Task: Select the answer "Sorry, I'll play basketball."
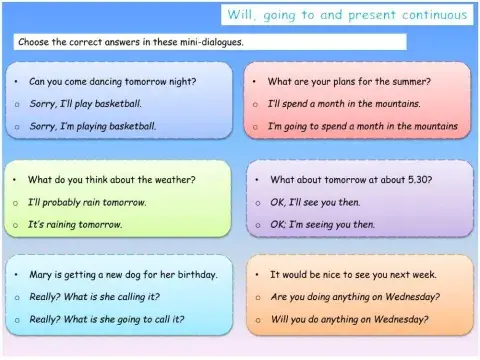(85, 103)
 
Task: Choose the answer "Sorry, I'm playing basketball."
(92, 126)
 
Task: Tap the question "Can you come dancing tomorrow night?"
(112, 80)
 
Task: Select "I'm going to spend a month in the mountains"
(362, 127)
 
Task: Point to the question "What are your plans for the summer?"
(349, 80)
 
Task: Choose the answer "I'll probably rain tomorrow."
(87, 202)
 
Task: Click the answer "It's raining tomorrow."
(75, 224)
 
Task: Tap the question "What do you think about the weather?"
(111, 180)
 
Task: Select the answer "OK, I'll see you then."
(320, 202)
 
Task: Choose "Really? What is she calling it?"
(99, 296)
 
